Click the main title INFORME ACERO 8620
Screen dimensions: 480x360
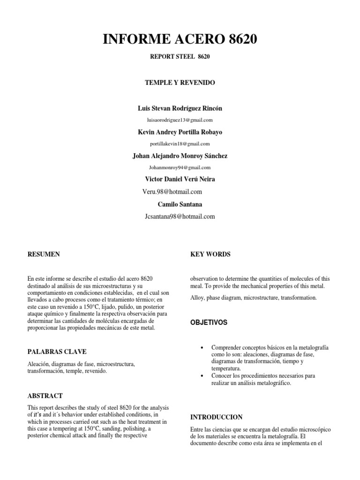tap(180, 40)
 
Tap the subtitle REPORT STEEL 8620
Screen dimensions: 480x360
tap(180, 57)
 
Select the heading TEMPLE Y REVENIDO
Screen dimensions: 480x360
tap(180, 82)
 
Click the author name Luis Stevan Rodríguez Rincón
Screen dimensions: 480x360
tap(180, 108)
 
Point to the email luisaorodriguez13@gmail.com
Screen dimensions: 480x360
tap(180, 120)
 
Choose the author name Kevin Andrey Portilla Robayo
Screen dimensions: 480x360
tap(180, 132)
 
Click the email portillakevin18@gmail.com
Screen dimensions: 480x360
tap(180, 144)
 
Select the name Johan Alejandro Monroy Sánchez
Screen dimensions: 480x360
tap(180, 156)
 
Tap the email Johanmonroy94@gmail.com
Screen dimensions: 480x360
tap(180, 167)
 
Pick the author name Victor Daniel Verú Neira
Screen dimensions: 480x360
tap(180, 179)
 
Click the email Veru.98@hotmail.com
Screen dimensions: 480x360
tap(172, 192)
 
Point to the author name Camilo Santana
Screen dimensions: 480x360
tap(180, 204)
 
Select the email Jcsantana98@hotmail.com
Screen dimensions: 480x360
tap(180, 217)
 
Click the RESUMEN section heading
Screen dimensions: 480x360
tap(44, 255)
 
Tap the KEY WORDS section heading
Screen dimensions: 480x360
tap(210, 255)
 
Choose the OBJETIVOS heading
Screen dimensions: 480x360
tap(209, 323)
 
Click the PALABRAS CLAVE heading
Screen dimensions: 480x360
tap(57, 352)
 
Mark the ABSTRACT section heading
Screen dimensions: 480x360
tap(45, 396)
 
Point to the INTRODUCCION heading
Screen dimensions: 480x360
tap(217, 417)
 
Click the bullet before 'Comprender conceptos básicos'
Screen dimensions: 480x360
tap(201, 348)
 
